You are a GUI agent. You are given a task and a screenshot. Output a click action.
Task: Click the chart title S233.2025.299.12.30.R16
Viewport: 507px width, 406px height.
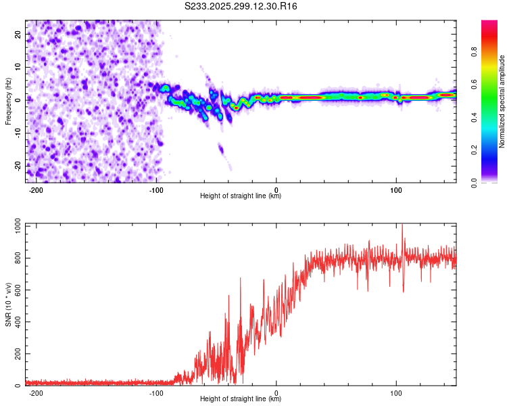241,6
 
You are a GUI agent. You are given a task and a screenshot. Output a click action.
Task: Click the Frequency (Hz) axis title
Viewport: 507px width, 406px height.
8,101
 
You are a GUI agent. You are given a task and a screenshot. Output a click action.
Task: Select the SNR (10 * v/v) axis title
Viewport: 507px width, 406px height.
8,304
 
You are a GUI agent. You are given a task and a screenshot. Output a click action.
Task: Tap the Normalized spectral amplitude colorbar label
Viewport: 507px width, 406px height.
502,101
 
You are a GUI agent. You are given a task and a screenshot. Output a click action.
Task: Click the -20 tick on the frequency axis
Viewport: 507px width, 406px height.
17,166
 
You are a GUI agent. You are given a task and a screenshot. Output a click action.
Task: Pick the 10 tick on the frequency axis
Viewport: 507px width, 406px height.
18,66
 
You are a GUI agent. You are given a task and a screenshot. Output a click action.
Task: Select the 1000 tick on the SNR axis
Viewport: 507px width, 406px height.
14,224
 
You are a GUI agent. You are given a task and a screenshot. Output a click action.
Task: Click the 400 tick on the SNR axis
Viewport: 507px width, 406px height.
16,321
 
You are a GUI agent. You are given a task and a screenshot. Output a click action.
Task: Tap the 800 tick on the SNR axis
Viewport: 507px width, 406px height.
16,257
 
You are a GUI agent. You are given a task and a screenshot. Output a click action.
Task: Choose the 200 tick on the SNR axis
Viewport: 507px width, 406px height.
16,354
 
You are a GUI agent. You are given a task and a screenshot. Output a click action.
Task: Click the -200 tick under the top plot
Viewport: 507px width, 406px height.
37,190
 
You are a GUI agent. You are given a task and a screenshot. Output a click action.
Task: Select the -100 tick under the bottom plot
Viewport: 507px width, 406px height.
156,393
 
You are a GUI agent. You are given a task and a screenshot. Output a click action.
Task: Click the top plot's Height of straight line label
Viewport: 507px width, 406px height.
241,196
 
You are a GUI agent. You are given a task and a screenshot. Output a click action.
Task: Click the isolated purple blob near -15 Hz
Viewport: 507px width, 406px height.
220,149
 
